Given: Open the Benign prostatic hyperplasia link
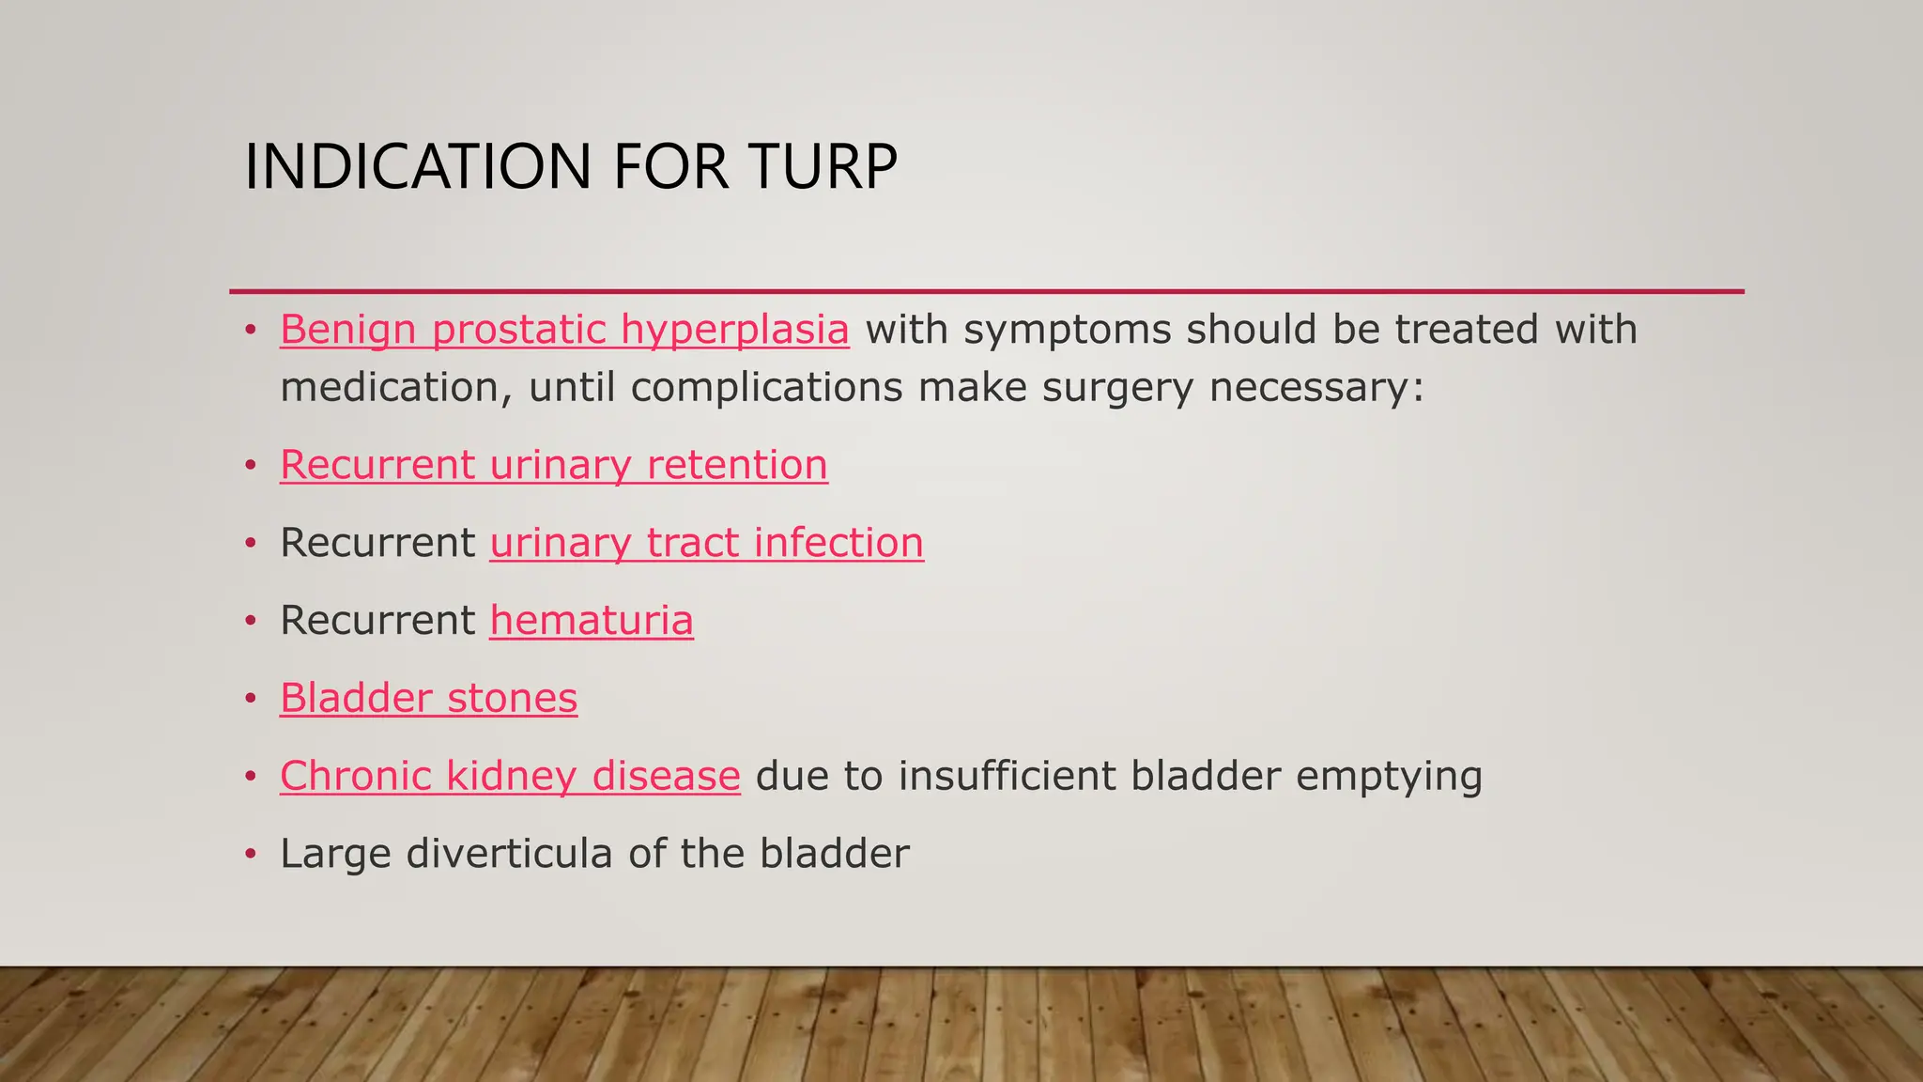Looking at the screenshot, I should click(x=564, y=330).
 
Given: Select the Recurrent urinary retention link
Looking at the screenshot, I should click(x=554, y=465).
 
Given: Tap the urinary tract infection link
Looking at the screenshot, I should click(x=706, y=543).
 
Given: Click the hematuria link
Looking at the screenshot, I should click(x=592, y=621).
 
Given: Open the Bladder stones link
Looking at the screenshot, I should click(x=428, y=699).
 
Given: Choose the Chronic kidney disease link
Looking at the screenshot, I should click(x=510, y=777).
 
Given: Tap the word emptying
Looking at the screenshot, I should click(x=1389, y=777).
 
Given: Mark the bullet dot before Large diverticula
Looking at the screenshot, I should click(x=250, y=855).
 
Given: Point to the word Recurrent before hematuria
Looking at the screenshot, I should click(x=377, y=621).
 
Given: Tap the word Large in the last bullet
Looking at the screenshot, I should click(x=334, y=854).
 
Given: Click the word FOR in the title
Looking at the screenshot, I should click(x=670, y=167).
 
